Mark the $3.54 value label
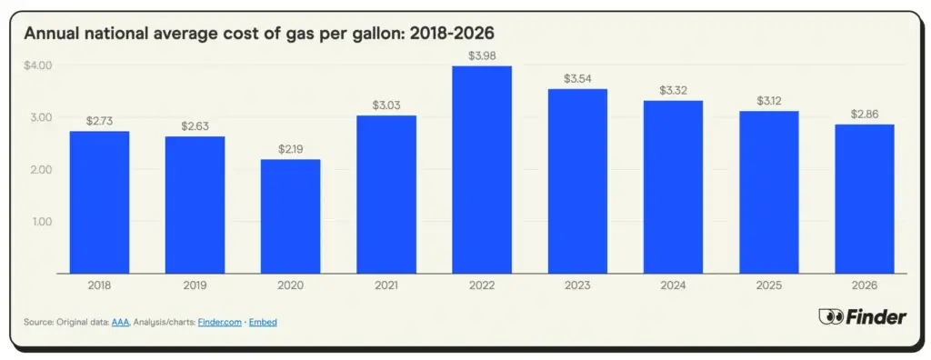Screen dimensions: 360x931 click(576, 79)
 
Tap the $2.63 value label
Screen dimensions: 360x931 click(195, 126)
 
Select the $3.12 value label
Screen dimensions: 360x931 click(768, 101)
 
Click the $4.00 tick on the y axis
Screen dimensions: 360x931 click(38, 65)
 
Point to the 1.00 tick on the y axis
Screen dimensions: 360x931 click(42, 222)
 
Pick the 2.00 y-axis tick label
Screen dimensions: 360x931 click(42, 170)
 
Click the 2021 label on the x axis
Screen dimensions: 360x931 click(385, 285)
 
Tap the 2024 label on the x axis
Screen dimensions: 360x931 click(673, 285)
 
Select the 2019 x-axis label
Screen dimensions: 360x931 click(195, 285)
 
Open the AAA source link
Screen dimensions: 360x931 click(120, 323)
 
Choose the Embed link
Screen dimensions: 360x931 click(265, 323)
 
